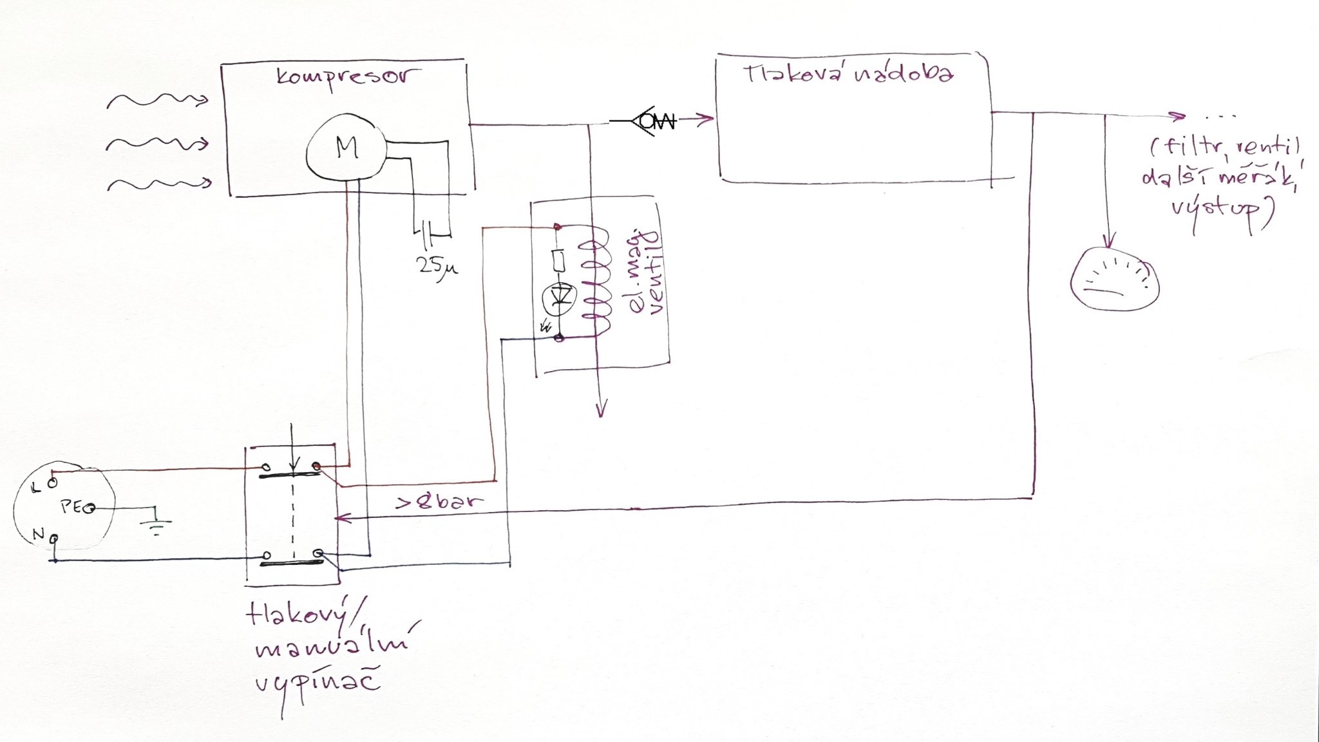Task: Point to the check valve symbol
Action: pos(652,120)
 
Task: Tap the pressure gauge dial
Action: pos(1114,281)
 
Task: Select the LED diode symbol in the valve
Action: pos(559,297)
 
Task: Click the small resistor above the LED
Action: pos(559,261)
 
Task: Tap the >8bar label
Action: pos(439,502)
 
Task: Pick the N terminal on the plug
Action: pos(54,537)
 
